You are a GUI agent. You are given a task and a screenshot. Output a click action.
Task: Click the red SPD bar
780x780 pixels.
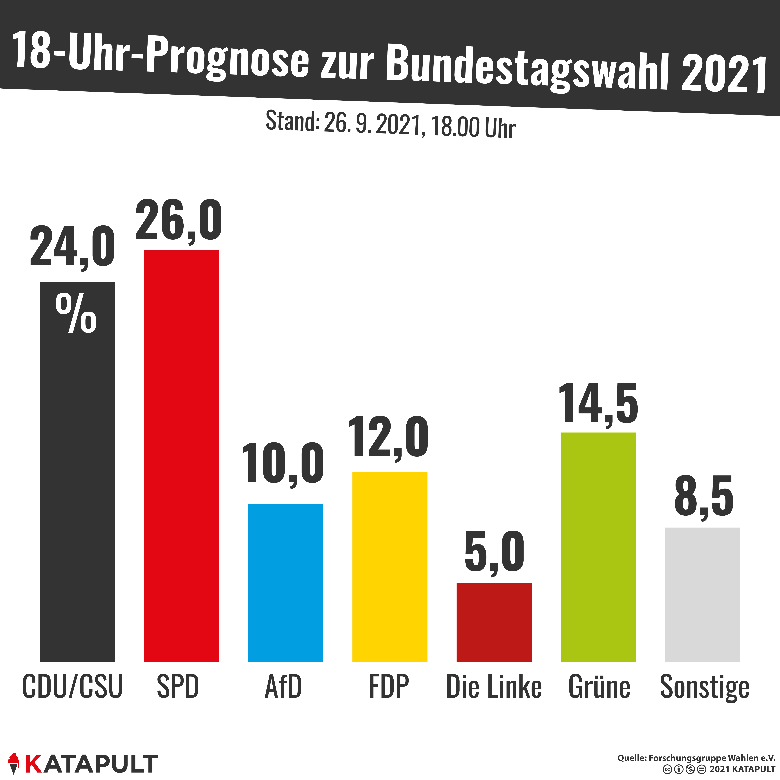pos(181,456)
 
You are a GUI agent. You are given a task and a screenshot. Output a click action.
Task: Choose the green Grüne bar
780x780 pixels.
pos(598,547)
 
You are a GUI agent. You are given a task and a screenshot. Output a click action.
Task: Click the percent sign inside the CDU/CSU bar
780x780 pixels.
pos(76,314)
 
